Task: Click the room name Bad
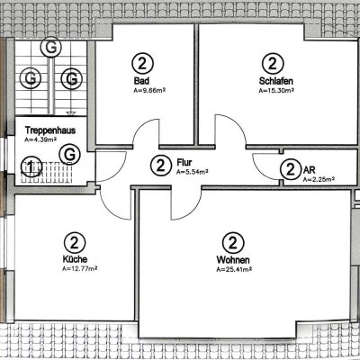tap(140, 82)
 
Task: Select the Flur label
tap(184, 162)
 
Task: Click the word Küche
tap(74, 260)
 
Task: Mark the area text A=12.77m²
tap(79, 268)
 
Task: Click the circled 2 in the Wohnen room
tap(232, 242)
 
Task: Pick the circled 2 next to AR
tap(290, 169)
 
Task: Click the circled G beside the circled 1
tap(69, 155)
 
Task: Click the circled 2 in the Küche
tap(74, 242)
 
